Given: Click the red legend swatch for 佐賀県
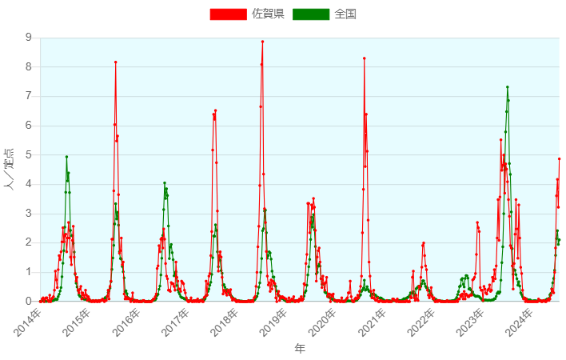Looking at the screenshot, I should [x=228, y=14].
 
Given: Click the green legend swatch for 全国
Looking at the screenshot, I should [x=311, y=14].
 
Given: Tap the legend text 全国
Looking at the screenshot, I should [x=345, y=14].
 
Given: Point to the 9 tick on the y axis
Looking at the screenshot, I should [x=30, y=38].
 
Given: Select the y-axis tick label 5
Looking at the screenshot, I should [x=30, y=155].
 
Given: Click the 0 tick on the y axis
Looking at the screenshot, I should [x=30, y=302].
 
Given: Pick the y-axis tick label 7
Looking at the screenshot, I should [x=30, y=96].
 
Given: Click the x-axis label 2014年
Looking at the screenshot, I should [x=29, y=321].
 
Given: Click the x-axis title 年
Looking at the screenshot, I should [x=299, y=349].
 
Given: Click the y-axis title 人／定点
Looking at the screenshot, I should [x=10, y=169].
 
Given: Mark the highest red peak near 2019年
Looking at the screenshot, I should [x=262, y=42].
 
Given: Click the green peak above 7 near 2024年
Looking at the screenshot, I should [x=507, y=87].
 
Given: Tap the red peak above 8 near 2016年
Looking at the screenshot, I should [x=116, y=62].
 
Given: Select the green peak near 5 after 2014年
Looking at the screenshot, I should [x=66, y=157].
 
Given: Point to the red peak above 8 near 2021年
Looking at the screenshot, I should [x=365, y=58].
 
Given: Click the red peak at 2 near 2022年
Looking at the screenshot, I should [x=423, y=242].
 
